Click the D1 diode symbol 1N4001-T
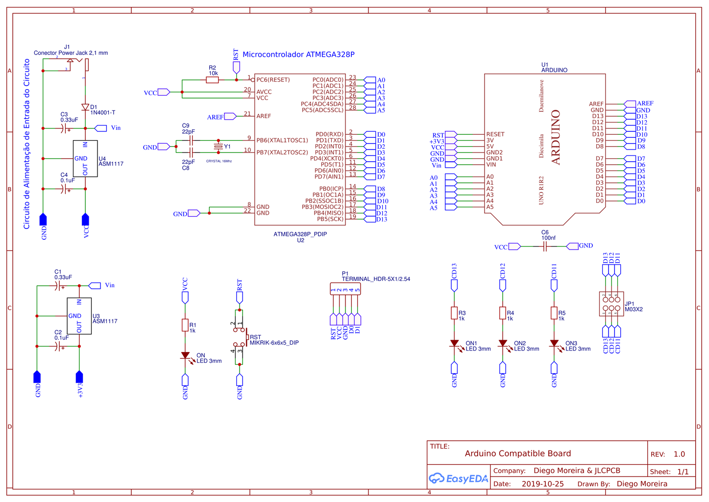point(85,107)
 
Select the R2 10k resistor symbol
point(212,80)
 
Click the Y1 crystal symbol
point(218,146)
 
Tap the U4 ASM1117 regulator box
point(85,158)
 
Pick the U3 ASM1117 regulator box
point(79,316)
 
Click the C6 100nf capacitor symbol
point(545,247)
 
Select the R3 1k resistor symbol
point(454,313)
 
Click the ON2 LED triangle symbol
point(503,344)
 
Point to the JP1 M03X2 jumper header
point(611,304)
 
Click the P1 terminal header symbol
point(345,289)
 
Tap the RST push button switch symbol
point(240,337)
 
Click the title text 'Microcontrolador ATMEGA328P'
point(298,54)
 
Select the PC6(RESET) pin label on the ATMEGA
point(273,80)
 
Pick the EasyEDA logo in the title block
point(458,478)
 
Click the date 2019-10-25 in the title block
point(542,484)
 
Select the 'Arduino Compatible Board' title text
point(517,453)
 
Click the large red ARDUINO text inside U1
point(556,137)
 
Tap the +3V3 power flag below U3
point(79,377)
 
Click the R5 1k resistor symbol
point(554,313)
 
